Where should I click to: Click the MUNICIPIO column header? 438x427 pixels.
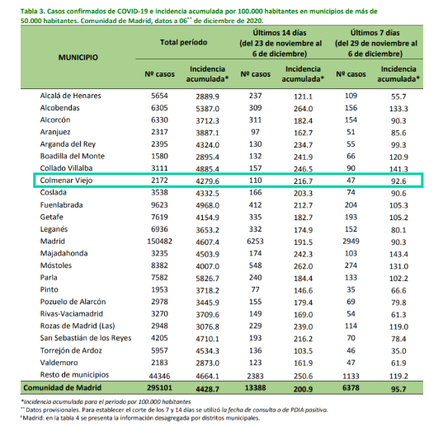tap(78, 58)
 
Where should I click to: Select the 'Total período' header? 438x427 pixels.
tap(183, 42)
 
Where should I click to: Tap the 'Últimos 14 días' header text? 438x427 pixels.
tap(280, 33)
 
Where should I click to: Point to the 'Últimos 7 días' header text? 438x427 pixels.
tap(375, 33)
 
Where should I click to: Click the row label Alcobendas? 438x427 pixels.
tap(59, 108)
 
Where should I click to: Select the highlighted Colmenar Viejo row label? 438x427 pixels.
tap(66, 181)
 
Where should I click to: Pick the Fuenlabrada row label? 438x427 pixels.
tap(62, 205)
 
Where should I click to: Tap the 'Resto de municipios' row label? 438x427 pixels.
tap(74, 374)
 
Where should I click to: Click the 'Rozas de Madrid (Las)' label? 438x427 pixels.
tap(78, 326)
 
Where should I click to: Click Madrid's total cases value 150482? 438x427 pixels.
tap(159, 242)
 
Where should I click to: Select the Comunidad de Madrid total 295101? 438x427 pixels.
tap(159, 387)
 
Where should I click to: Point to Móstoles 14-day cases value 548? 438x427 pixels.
tap(256, 265)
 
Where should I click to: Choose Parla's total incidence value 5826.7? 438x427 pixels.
tap(208, 279)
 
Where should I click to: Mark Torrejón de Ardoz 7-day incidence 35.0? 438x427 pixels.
tap(398, 351)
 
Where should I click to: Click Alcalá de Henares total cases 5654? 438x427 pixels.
tap(159, 96)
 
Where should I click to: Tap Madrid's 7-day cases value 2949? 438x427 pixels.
tap(351, 242)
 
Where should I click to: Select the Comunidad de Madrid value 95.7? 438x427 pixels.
tap(398, 389)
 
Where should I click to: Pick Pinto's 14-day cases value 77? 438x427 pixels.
tap(256, 289)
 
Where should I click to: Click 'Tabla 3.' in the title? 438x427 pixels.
tap(32, 12)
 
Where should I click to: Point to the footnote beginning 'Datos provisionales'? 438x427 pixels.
tap(177, 410)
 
